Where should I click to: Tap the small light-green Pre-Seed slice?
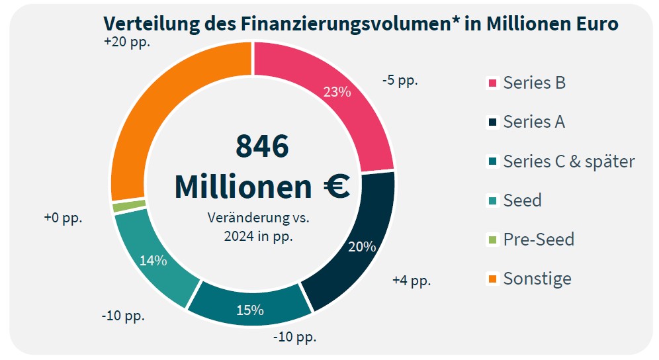[120, 206]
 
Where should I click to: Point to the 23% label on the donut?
[337, 92]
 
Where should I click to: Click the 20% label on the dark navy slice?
[362, 247]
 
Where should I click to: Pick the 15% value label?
[250, 310]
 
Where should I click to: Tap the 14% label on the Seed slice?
[153, 260]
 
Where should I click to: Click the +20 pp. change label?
[127, 42]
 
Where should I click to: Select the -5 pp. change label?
[400, 81]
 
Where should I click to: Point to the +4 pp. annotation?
[411, 280]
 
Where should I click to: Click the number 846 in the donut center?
[262, 146]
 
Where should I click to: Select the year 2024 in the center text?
[240, 235]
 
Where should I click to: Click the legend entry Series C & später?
[568, 161]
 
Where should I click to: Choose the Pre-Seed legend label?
[538, 239]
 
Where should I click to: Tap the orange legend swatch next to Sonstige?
[492, 279]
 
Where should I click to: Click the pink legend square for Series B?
[492, 83]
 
